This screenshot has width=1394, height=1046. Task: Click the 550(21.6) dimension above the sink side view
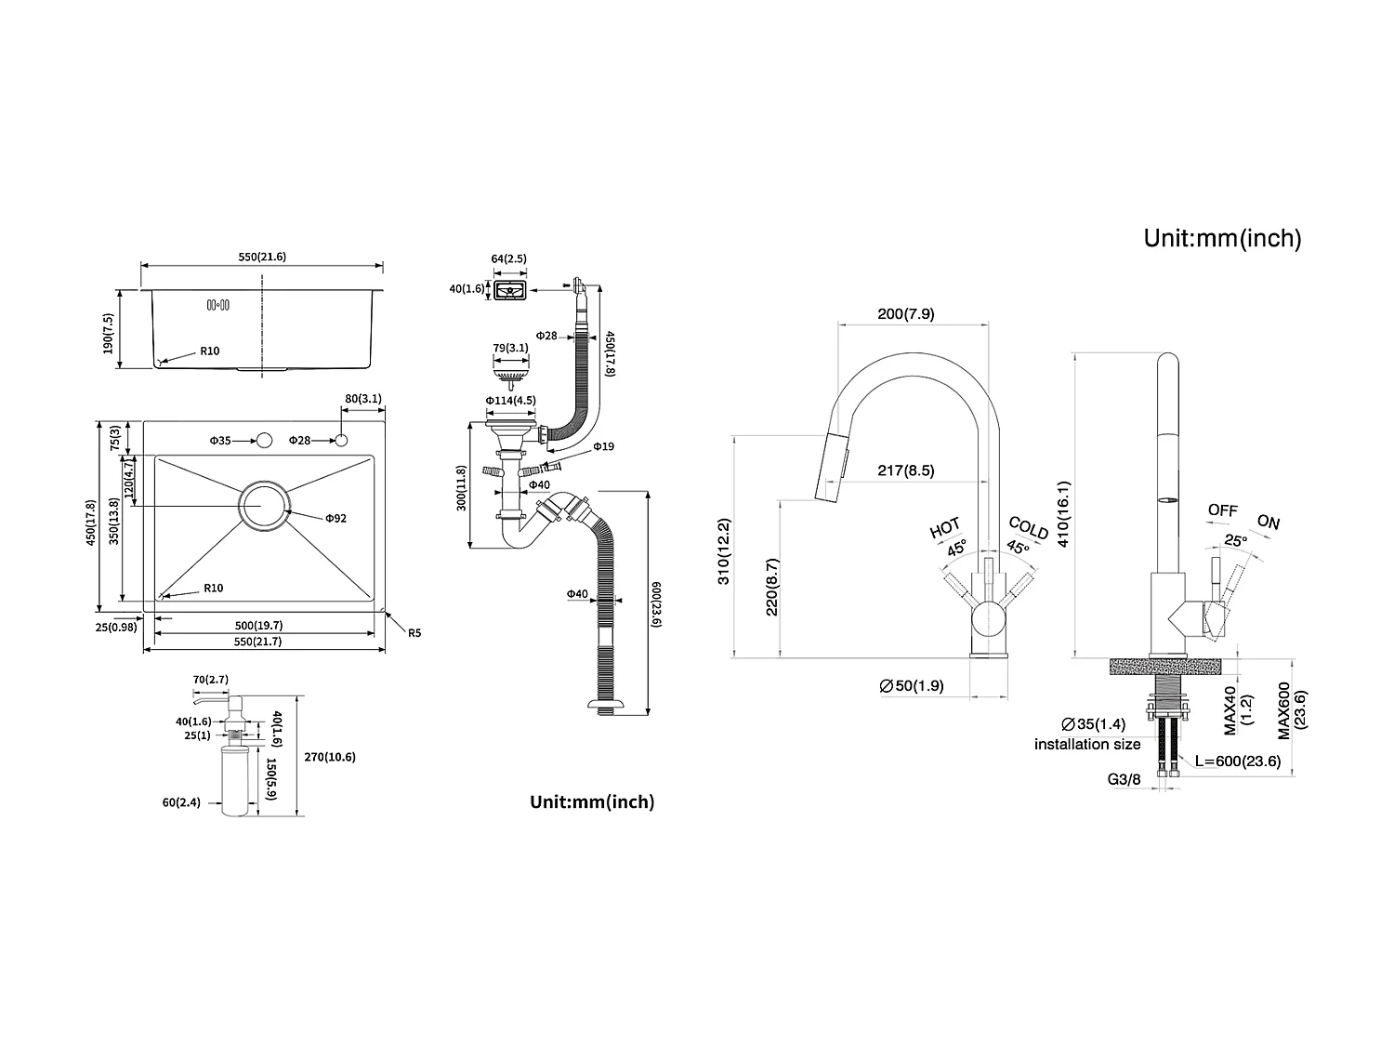[260, 257]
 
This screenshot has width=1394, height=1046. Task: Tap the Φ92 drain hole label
[335, 518]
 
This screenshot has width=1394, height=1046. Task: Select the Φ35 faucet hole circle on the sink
[264, 440]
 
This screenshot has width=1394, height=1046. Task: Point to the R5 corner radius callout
[414, 633]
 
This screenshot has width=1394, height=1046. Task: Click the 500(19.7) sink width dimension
[258, 626]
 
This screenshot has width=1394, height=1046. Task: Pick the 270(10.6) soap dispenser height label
[330, 757]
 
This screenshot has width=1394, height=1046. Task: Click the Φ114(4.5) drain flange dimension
[510, 401]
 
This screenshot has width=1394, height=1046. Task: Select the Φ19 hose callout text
[603, 447]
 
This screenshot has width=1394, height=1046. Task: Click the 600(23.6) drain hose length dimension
[655, 604]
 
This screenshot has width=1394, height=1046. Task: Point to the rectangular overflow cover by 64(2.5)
[510, 290]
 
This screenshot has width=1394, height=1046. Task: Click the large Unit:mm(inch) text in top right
[1222, 238]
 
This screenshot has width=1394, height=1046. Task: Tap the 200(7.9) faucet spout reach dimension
[906, 313]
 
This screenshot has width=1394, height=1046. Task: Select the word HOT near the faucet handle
[945, 528]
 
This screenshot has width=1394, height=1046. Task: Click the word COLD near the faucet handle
[1029, 528]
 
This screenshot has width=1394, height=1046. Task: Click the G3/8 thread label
[1124, 779]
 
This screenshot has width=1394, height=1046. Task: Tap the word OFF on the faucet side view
[1222, 510]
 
